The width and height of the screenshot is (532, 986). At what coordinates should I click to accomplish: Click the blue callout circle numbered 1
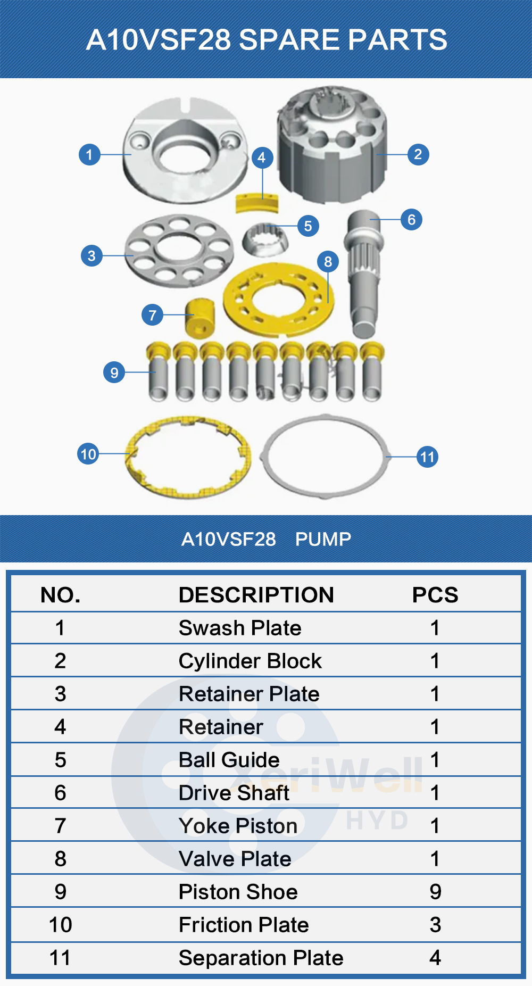pos(89,155)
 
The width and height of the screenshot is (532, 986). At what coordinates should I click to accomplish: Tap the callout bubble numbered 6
pos(411,219)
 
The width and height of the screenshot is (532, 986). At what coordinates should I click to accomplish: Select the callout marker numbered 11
pos(427,457)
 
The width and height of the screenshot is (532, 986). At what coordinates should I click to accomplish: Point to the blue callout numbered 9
pos(114,372)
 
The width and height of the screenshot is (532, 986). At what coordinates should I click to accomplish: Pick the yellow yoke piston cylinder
pos(199,317)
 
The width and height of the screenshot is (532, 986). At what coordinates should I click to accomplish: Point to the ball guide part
pos(265,239)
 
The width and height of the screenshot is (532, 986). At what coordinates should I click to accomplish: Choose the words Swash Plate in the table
pos(240,628)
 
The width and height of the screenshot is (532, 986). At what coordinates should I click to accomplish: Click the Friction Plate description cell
pos(244,925)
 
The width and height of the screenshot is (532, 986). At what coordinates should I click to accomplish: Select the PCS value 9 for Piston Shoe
pos(435,892)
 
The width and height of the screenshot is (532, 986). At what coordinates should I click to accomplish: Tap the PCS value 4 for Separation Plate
pos(435,958)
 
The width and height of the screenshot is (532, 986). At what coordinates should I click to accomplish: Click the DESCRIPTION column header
pos(256,595)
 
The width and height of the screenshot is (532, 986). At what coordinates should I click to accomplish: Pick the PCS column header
pos(435,595)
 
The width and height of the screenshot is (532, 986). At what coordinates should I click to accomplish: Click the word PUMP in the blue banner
pos(323,539)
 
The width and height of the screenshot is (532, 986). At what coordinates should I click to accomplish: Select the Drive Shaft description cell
pos(234,793)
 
